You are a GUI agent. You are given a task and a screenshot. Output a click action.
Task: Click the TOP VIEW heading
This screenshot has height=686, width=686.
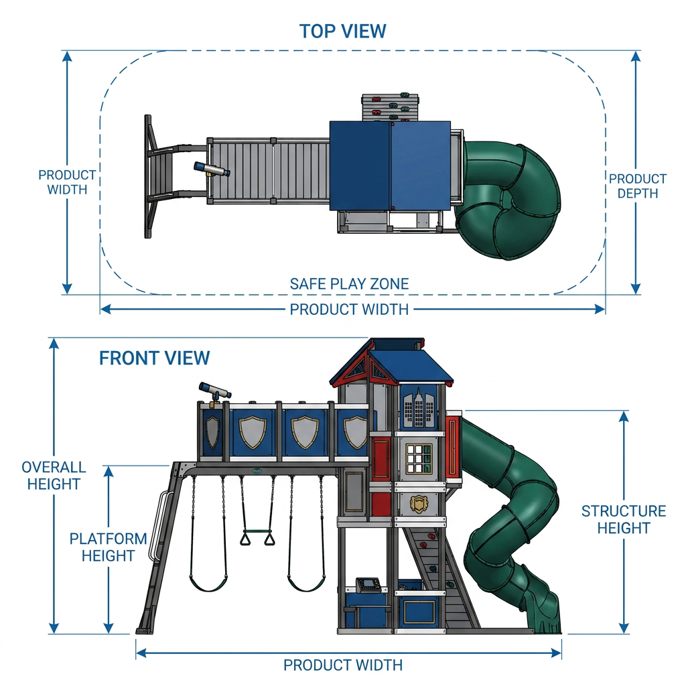point(342,31)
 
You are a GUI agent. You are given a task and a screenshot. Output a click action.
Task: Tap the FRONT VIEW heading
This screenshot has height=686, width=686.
point(155,358)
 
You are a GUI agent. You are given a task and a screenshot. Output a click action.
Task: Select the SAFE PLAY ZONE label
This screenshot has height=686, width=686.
point(349,284)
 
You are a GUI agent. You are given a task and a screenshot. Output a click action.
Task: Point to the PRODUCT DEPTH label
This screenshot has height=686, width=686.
point(638,186)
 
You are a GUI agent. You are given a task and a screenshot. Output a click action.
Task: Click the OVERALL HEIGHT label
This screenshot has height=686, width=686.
point(54,476)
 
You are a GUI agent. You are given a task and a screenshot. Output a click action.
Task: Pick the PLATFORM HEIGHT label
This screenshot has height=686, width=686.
point(108,547)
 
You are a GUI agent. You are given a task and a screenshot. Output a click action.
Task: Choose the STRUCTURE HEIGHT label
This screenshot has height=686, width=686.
point(624,519)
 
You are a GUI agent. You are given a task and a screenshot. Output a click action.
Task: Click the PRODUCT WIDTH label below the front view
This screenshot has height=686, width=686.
point(343,665)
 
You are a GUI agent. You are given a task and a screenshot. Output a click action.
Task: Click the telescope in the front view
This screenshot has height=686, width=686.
point(215,392)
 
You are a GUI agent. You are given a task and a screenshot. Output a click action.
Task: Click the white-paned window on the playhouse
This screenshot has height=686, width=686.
point(418,459)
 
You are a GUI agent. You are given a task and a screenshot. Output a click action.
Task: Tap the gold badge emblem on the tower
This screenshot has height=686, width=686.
point(419,504)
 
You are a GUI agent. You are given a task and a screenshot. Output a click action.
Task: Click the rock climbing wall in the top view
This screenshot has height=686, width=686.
point(390,107)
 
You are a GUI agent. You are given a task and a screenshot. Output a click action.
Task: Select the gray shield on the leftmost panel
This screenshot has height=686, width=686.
point(212,432)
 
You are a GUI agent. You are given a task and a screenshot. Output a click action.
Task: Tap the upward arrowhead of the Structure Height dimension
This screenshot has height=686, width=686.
point(624,416)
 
